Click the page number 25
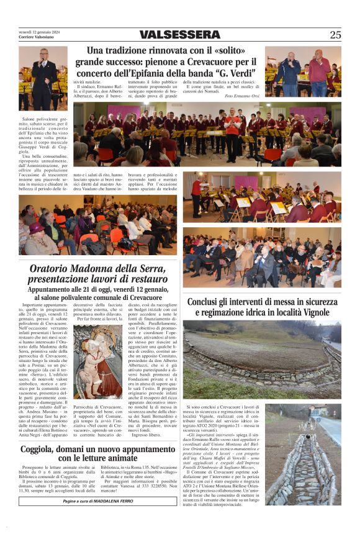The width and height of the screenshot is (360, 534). coord(335,35)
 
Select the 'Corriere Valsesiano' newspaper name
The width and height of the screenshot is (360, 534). coord(36,37)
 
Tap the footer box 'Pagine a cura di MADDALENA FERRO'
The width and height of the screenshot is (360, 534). coord(98,501)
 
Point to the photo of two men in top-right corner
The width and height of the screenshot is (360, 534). coord(303,71)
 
